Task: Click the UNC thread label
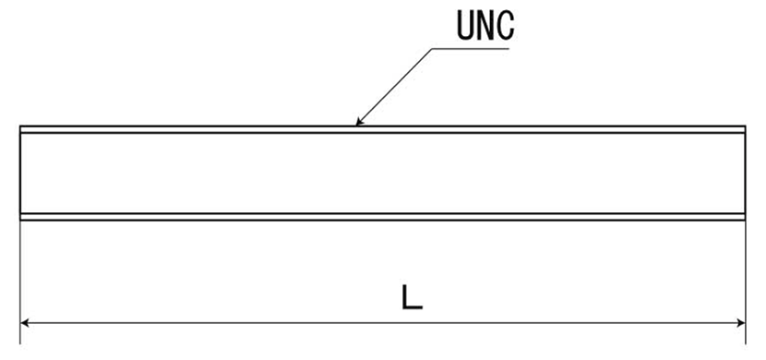(485, 25)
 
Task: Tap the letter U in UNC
(466, 25)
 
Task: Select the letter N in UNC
(485, 25)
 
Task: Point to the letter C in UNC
(505, 25)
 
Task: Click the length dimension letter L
(412, 297)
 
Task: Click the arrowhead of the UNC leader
(360, 122)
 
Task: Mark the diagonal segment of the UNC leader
(394, 87)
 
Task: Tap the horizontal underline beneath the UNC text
(471, 48)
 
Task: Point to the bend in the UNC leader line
(432, 48)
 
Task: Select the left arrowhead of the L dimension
(24, 323)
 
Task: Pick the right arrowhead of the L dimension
(740, 323)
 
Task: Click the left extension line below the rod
(20, 282)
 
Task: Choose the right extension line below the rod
(746, 282)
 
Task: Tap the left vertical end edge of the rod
(20, 173)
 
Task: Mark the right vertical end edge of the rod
(746, 173)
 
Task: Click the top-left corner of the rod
(20, 126)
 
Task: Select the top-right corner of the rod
(746, 126)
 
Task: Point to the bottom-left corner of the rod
(20, 220)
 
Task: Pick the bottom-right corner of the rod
(746, 220)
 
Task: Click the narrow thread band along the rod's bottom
(382, 216)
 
